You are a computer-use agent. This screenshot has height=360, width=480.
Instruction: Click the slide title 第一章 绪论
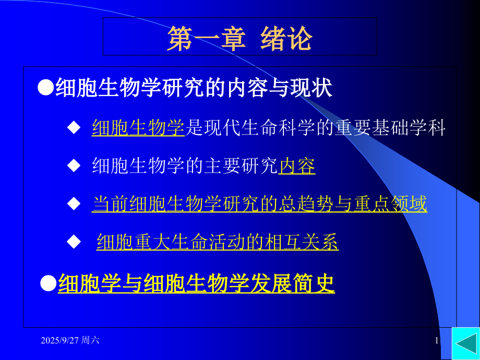click(239, 39)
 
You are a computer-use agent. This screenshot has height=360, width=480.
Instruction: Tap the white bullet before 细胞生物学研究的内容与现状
click(46, 88)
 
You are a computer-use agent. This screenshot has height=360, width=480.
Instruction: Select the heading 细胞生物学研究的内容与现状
click(194, 88)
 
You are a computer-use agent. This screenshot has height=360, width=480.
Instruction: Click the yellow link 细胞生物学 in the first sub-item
click(138, 128)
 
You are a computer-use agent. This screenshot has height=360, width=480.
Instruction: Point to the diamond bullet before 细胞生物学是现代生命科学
click(74, 127)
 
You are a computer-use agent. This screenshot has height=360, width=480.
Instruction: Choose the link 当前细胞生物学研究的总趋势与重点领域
click(259, 203)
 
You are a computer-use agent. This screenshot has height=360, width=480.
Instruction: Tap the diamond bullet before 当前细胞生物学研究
click(74, 203)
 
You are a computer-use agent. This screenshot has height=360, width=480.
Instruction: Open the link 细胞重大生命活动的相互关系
click(218, 243)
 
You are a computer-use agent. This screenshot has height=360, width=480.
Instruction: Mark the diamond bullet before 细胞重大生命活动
click(74, 242)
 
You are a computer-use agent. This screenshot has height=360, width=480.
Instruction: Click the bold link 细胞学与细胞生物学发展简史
click(196, 284)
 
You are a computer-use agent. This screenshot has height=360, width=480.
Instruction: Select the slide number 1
click(437, 341)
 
